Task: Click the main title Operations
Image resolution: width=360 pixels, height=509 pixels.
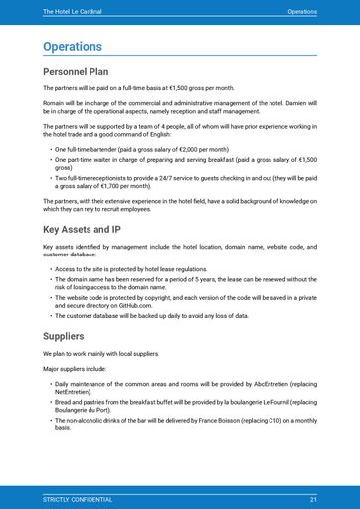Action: click(x=73, y=46)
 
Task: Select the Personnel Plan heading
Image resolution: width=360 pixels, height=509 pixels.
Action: click(x=77, y=72)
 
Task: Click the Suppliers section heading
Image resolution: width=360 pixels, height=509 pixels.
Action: click(x=65, y=337)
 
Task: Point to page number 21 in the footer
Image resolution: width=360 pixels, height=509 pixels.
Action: click(x=313, y=499)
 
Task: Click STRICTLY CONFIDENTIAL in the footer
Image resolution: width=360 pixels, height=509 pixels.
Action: click(x=78, y=499)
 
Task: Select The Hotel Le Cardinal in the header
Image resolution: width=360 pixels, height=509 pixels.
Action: click(x=73, y=11)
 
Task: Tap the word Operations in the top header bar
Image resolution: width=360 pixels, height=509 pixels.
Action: click(x=302, y=11)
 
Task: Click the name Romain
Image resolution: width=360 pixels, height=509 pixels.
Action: click(x=54, y=102)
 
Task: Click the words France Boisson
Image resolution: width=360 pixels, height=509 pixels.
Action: click(x=226, y=421)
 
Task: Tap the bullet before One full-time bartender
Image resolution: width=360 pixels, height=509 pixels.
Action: click(x=50, y=148)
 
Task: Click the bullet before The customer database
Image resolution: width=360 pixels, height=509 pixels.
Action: click(x=50, y=315)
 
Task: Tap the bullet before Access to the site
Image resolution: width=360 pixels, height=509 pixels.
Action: click(x=50, y=269)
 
